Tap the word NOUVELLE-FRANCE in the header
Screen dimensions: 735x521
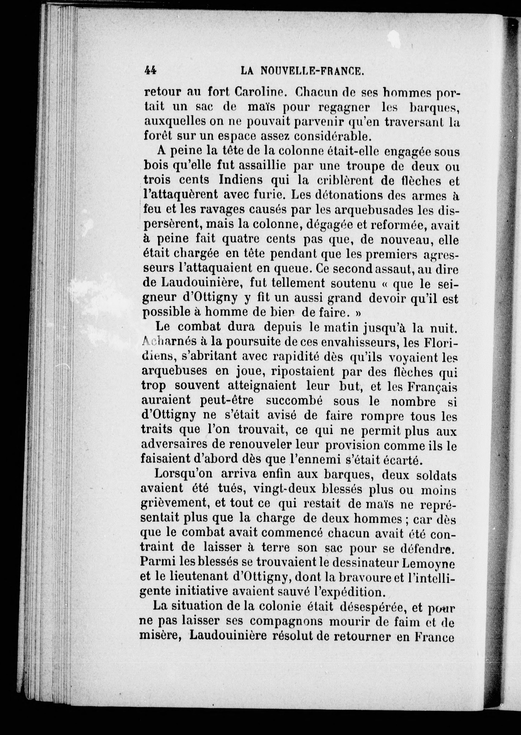(313, 70)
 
